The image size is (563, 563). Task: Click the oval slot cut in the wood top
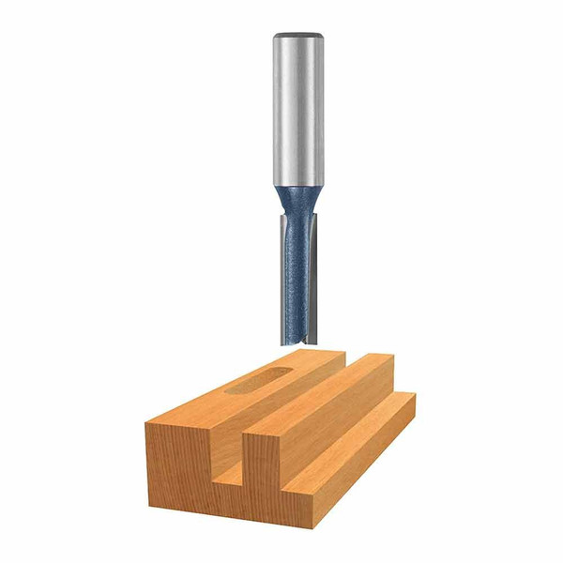point(255,380)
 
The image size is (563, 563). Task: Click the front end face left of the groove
point(178,469)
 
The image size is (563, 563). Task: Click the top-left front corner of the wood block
point(146,424)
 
